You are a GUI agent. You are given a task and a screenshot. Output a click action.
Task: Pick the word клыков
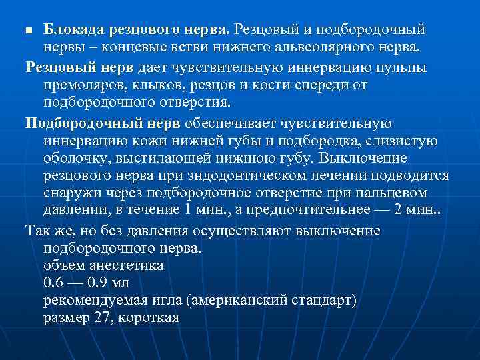(153, 85)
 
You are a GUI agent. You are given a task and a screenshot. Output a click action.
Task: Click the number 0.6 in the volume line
(54, 282)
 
